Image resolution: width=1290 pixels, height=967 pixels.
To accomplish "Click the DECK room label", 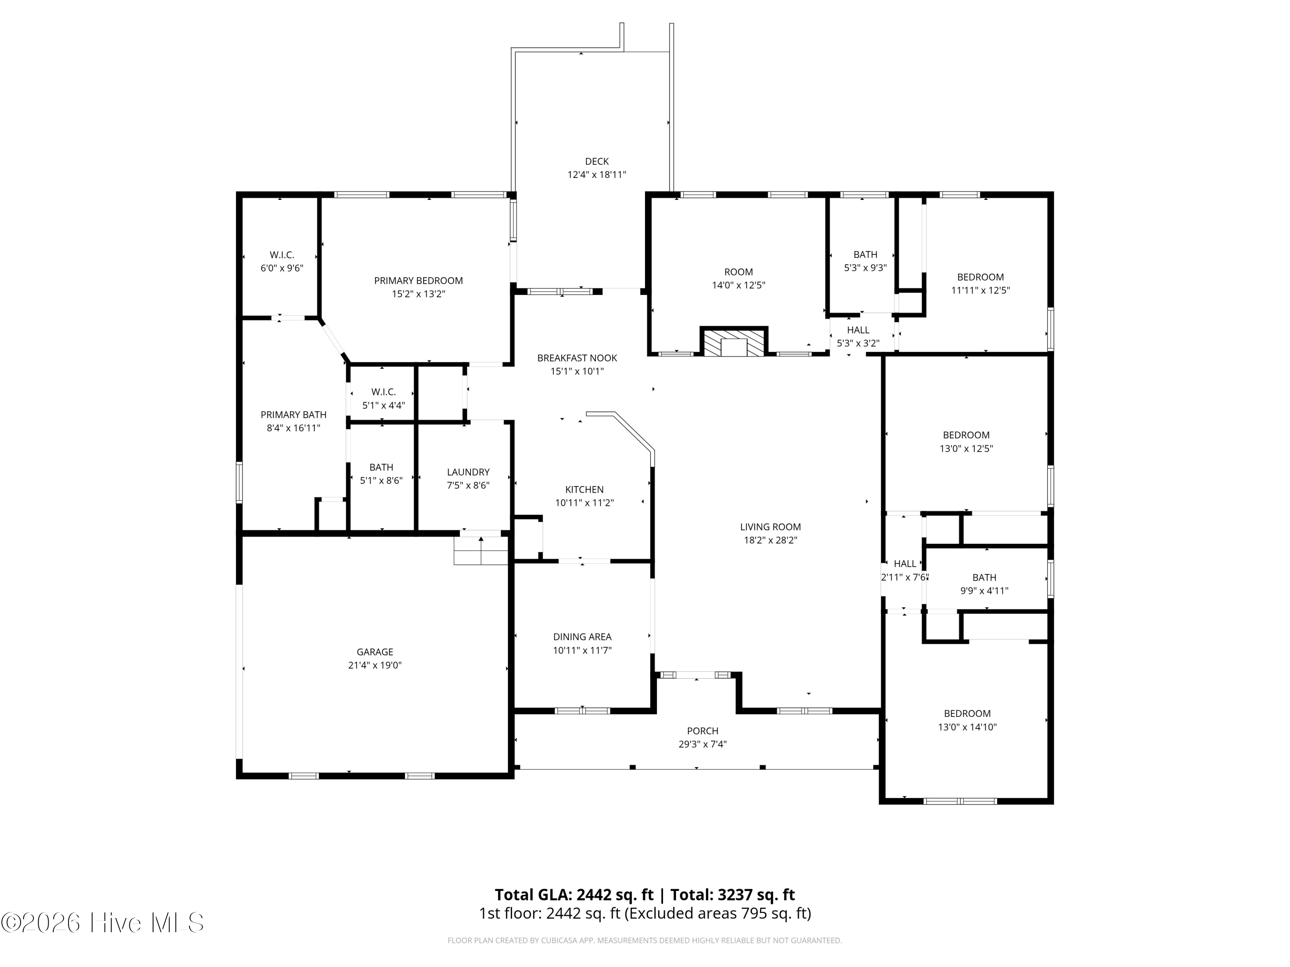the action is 596,162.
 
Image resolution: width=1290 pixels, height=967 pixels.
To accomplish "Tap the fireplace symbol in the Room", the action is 734,342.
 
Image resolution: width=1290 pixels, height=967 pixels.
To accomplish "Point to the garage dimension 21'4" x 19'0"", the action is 375,665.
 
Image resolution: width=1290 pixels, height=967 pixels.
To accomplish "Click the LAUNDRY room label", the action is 468,472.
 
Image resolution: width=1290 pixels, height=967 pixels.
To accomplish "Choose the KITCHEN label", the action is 584,490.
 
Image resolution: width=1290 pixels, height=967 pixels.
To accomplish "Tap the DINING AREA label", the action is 583,637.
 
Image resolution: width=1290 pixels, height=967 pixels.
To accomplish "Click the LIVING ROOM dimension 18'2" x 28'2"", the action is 771,540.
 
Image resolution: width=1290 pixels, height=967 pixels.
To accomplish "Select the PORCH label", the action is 703,731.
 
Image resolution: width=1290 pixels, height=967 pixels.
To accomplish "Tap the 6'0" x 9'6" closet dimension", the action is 282,268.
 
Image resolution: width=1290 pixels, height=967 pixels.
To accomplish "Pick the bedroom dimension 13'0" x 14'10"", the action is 967,727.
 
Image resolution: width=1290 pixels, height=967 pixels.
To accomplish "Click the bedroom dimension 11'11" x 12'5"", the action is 980,290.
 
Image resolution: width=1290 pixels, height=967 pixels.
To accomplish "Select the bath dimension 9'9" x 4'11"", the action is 984,591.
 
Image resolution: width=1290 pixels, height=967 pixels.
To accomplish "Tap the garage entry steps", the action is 481,550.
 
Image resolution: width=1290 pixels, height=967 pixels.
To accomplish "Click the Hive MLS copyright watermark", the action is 103,923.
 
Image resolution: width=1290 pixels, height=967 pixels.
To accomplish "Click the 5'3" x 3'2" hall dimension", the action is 858,343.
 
